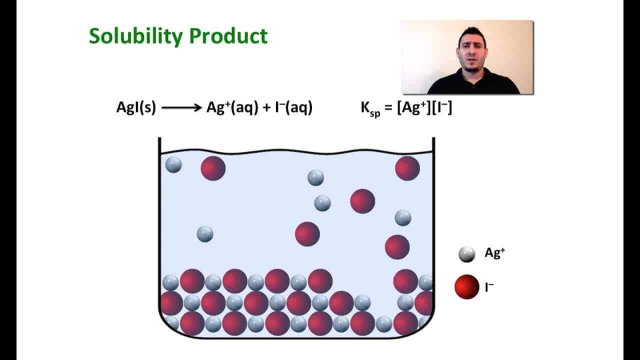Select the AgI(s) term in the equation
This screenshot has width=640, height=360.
[136, 107]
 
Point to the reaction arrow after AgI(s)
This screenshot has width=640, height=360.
[181, 107]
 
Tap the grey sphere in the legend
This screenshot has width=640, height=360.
[466, 254]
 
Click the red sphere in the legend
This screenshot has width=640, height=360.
[466, 287]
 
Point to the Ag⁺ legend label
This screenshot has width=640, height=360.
[494, 253]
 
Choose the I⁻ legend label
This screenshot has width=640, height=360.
[489, 287]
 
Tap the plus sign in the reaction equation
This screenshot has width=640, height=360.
[265, 107]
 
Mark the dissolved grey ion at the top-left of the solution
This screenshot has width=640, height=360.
[173, 164]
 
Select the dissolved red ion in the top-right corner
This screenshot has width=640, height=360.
[407, 168]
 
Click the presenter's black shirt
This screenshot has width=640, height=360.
[472, 83]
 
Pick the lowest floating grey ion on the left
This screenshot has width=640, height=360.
[205, 233]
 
